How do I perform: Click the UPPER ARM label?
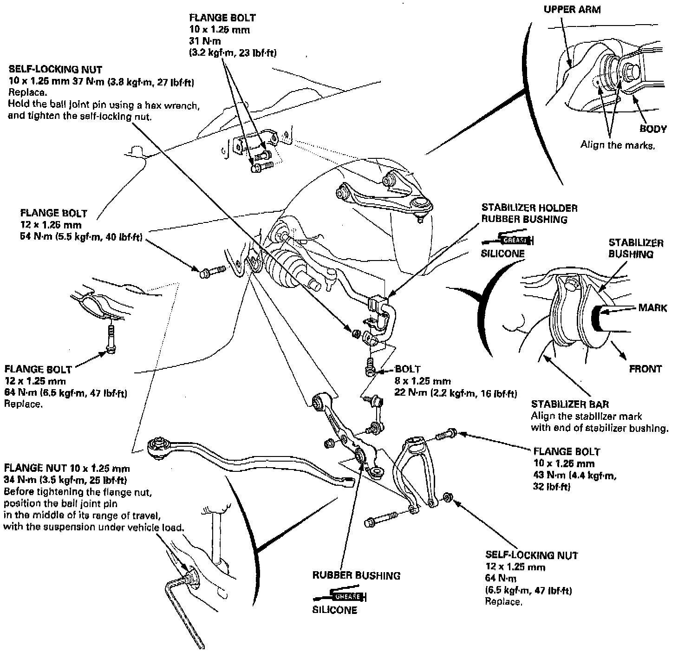point(572,10)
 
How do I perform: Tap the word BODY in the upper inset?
point(653,129)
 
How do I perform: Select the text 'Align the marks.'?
point(618,145)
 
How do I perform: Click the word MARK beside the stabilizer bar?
point(652,308)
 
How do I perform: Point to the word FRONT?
point(645,369)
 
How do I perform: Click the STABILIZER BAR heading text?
point(570,404)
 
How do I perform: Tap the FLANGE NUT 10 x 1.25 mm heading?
point(66,468)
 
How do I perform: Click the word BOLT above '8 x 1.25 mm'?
point(408,369)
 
